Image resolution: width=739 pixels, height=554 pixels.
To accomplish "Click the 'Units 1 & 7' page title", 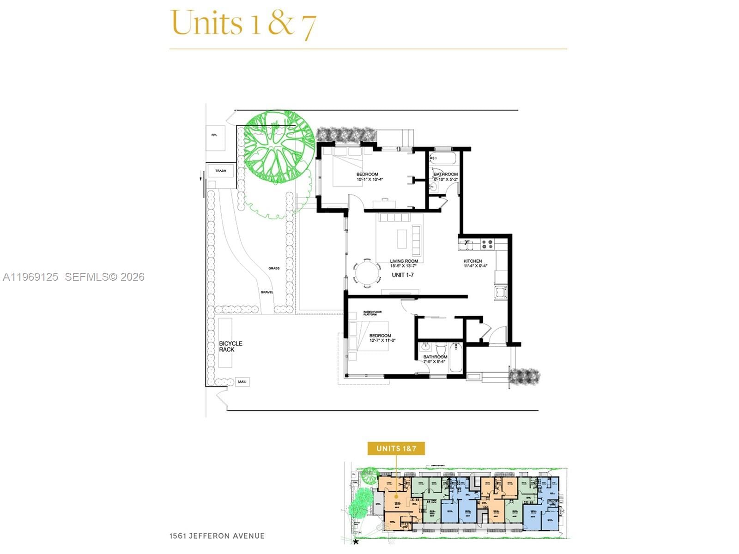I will [243, 23].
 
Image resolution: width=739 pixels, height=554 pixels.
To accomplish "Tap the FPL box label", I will [214, 135].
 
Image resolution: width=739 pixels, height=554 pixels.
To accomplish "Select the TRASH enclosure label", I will [220, 171].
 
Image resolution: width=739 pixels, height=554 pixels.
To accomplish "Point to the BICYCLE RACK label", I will [230, 347].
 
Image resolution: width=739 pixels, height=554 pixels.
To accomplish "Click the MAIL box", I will [242, 382].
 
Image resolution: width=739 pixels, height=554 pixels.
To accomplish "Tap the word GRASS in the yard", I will [274, 268].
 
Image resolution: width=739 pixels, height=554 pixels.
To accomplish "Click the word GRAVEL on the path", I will [267, 292].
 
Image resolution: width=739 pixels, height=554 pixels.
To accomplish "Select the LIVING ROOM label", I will [404, 261].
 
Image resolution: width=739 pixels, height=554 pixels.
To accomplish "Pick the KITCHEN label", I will [472, 261].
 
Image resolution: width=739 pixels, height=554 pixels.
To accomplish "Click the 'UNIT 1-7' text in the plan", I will [403, 275].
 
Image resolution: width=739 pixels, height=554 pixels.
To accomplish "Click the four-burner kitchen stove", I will [487, 244].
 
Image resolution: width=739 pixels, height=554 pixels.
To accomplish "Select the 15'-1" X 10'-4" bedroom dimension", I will [369, 180].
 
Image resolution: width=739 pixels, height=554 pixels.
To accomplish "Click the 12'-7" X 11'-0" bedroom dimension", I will [382, 341].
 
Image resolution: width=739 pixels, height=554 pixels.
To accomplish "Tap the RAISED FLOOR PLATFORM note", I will [372, 313].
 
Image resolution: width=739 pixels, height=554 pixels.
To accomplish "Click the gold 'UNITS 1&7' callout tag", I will [396, 449].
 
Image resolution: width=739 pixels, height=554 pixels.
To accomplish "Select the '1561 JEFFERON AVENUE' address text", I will [217, 536].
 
